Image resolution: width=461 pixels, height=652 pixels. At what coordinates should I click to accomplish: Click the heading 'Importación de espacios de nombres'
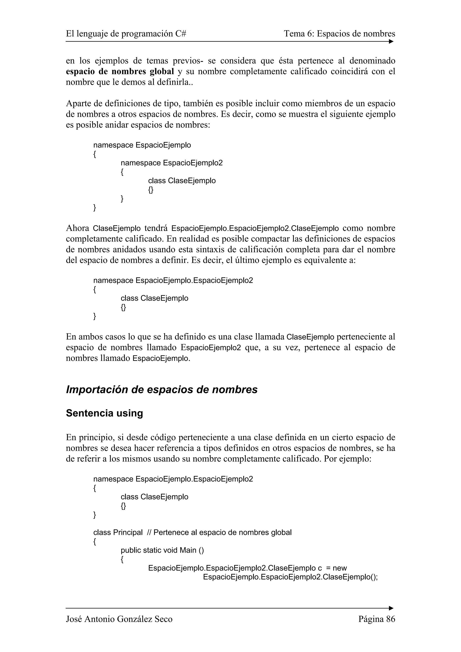[x=162, y=390]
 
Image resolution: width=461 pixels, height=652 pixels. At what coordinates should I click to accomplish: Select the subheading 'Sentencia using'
[x=104, y=413]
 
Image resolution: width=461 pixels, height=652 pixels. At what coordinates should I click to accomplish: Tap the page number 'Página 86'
[x=377, y=619]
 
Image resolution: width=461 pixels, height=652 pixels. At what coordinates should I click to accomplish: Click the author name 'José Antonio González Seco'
[x=119, y=619]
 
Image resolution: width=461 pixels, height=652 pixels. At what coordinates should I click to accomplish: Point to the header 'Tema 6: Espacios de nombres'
[x=339, y=34]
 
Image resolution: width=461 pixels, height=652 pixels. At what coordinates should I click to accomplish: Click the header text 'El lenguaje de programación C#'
[x=126, y=34]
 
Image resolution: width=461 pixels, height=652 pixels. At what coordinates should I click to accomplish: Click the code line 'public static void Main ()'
[x=162, y=550]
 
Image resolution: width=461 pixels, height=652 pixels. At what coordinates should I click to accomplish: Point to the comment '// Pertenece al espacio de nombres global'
[x=219, y=533]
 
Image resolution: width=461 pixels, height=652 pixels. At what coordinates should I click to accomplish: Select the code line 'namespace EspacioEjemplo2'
[x=172, y=163]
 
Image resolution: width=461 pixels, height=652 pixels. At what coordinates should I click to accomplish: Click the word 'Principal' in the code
[x=128, y=533]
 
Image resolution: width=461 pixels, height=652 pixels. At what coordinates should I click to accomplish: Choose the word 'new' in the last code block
[x=340, y=568]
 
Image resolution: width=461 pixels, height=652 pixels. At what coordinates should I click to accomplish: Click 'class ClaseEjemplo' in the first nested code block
[x=182, y=181]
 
